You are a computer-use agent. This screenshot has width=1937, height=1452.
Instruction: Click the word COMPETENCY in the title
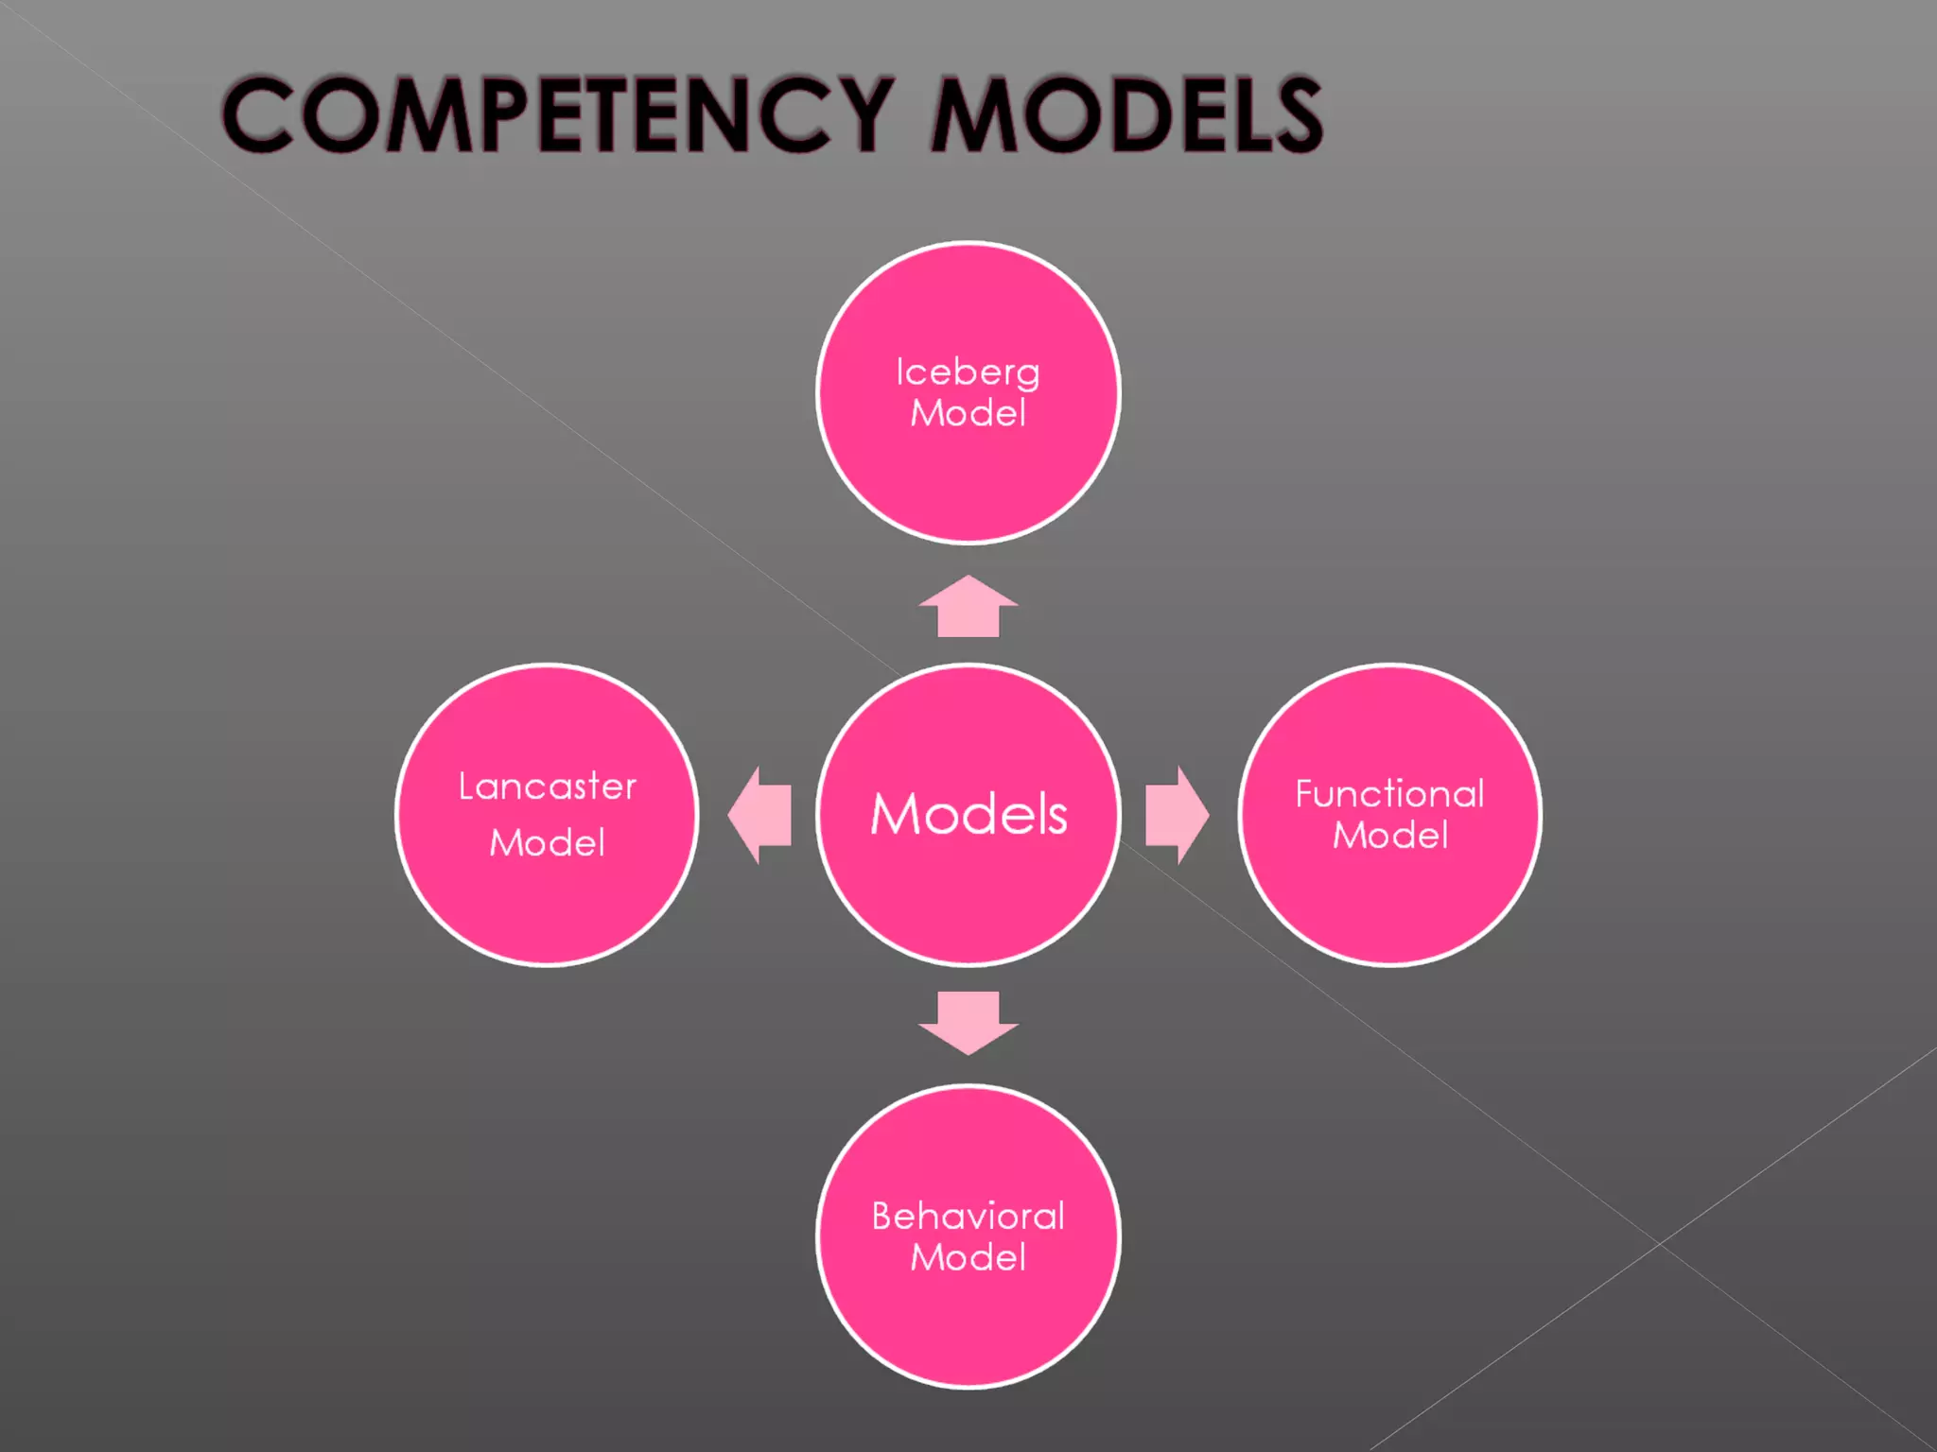pyautogui.click(x=558, y=114)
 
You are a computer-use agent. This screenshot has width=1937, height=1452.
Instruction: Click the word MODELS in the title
pyautogui.click(x=1127, y=114)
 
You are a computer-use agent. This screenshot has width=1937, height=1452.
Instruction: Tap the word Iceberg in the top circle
pyautogui.click(x=968, y=372)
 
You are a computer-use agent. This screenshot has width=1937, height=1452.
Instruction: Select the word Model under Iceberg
pyautogui.click(x=968, y=413)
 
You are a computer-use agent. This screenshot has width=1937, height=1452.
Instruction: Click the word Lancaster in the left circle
pyautogui.click(x=547, y=786)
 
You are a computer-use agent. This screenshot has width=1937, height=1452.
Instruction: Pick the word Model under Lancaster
pyautogui.click(x=547, y=842)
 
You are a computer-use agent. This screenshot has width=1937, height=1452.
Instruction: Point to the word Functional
pyautogui.click(x=1389, y=794)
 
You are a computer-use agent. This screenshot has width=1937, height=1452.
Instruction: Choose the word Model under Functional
pyautogui.click(x=1389, y=836)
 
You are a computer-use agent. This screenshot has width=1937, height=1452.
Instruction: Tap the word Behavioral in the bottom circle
pyautogui.click(x=968, y=1216)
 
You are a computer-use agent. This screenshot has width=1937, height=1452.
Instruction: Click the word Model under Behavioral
pyautogui.click(x=968, y=1257)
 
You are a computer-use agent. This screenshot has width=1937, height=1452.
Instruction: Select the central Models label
pyautogui.click(x=968, y=814)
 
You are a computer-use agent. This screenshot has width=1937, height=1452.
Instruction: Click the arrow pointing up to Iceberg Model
pyautogui.click(x=968, y=607)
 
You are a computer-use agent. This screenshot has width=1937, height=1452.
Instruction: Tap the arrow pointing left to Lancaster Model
pyautogui.click(x=760, y=815)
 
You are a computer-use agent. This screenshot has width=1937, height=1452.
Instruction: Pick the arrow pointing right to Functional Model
pyautogui.click(x=1176, y=815)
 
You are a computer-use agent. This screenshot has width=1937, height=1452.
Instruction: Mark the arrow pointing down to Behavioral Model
pyautogui.click(x=968, y=1022)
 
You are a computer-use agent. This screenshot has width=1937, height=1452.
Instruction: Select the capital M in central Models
pyautogui.click(x=896, y=814)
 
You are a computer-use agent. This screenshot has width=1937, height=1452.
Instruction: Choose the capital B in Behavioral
pyautogui.click(x=883, y=1216)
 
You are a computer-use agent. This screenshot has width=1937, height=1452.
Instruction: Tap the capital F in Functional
pyautogui.click(x=1306, y=794)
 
